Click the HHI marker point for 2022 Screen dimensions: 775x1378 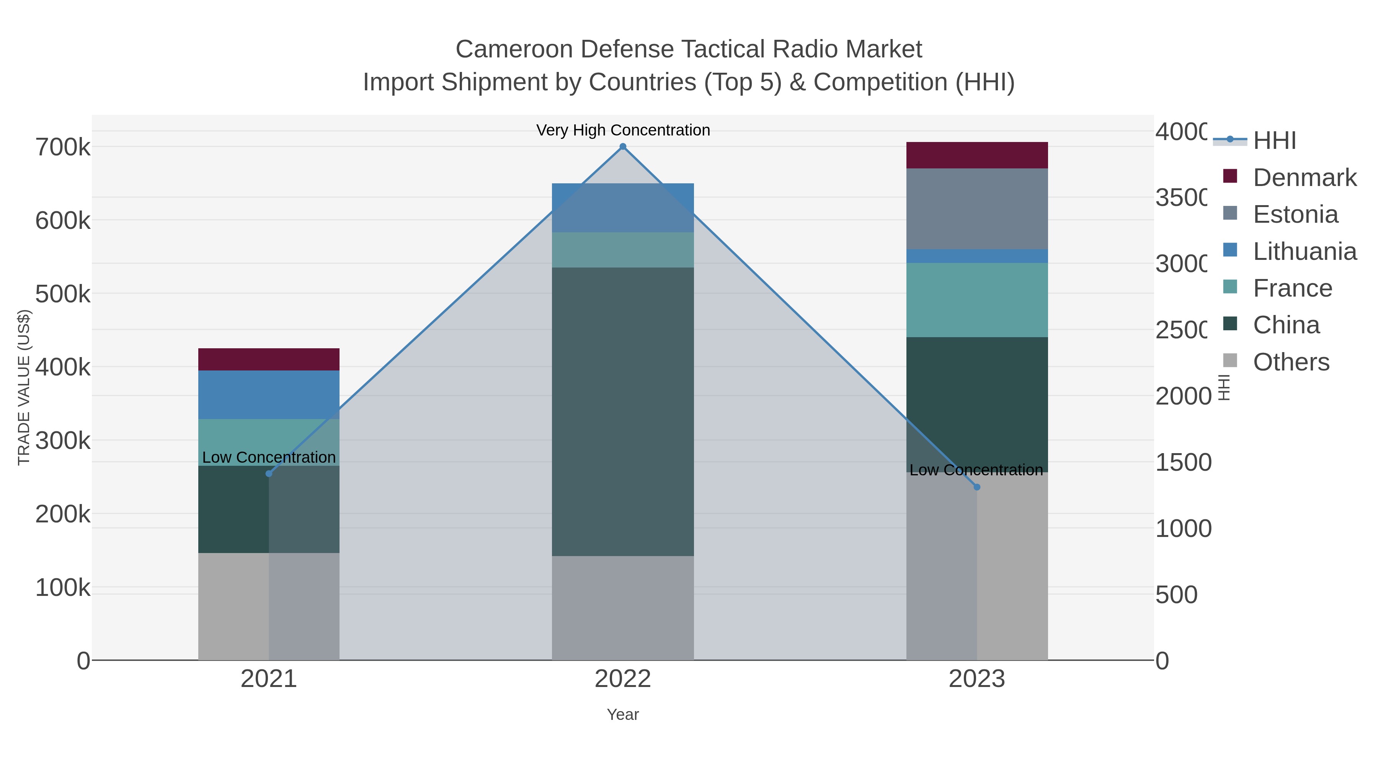pos(623,147)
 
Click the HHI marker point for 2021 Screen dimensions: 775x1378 pos(269,473)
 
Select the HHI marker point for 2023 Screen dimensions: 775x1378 pos(977,487)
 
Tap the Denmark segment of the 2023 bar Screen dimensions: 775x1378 pos(977,155)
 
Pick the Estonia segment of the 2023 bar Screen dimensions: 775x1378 pos(977,209)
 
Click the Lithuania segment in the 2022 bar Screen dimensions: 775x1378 pos(623,207)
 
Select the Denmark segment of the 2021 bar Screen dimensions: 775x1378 pos(269,359)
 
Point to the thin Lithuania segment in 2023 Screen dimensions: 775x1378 pos(977,256)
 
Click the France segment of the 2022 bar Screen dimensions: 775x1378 pos(623,250)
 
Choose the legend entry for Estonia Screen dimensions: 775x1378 pos(1295,214)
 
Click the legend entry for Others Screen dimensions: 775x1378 pos(1290,362)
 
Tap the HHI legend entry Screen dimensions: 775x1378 pos(1273,141)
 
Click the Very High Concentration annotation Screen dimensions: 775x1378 pos(623,130)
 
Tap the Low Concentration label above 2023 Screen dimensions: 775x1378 pos(976,470)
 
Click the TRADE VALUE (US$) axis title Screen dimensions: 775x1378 pos(24,387)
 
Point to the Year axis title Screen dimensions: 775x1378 pos(623,715)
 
